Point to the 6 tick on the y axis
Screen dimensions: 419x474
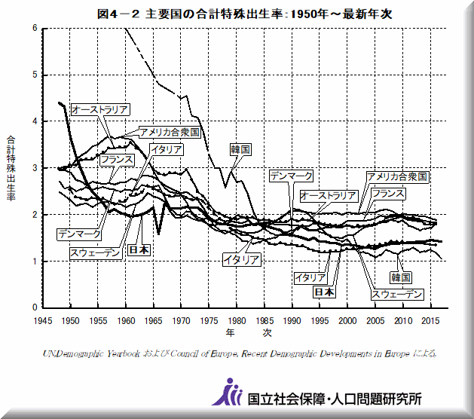pyautogui.click(x=34, y=28)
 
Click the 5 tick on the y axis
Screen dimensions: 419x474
pyautogui.click(x=34, y=75)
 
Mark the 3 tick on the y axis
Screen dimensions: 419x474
pyautogui.click(x=34, y=168)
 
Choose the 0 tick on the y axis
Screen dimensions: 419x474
pyautogui.click(x=34, y=307)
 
